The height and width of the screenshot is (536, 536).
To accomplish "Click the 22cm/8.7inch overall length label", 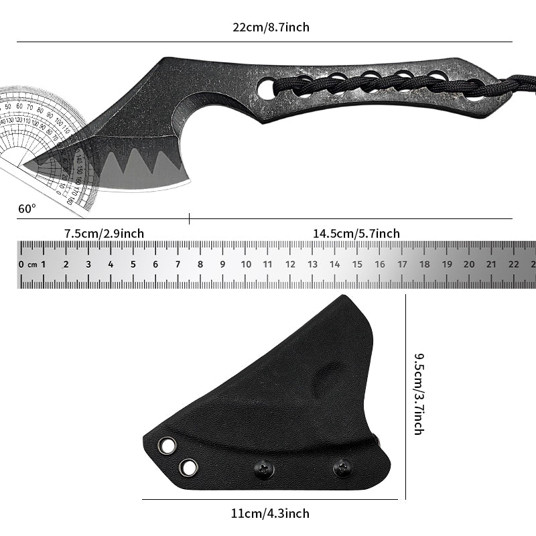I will pyautogui.click(x=271, y=27).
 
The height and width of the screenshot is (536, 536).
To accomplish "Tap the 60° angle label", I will pyautogui.click(x=27, y=208).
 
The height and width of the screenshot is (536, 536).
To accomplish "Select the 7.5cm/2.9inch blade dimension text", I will pyautogui.click(x=104, y=233).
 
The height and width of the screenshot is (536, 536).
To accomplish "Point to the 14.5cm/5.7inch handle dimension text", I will pyautogui.click(x=356, y=233).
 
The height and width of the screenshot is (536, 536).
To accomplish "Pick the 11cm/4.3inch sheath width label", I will pyautogui.click(x=270, y=514).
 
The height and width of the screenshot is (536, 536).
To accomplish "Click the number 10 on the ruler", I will pyautogui.click(x=246, y=264).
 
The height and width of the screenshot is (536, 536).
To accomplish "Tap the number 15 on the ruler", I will pyautogui.click(x=357, y=264).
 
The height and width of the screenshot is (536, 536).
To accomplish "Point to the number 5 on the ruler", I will pyautogui.click(x=133, y=264).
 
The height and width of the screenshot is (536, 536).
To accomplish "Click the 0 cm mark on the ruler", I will pyautogui.click(x=27, y=264).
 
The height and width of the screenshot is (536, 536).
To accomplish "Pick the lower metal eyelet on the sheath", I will pyautogui.click(x=189, y=467).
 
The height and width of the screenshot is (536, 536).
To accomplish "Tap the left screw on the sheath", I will pyautogui.click(x=263, y=470).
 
